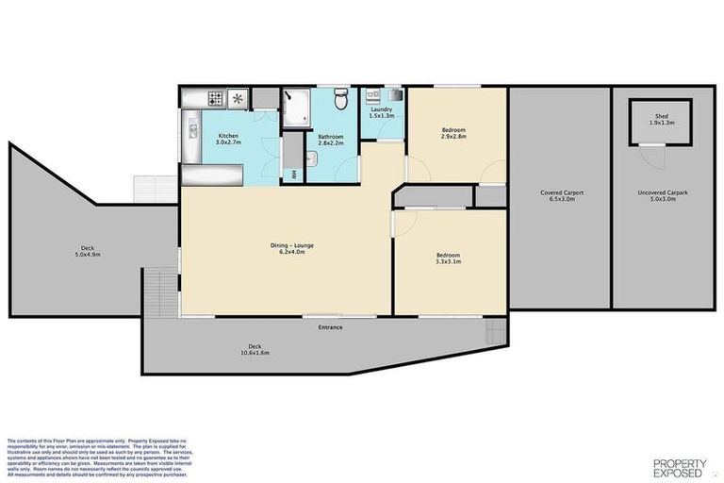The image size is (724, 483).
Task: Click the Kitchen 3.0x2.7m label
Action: tap(228, 140)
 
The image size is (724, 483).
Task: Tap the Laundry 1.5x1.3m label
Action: tap(382, 113)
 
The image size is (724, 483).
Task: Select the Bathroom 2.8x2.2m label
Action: tap(330, 140)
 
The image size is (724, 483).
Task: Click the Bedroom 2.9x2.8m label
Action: tap(453, 132)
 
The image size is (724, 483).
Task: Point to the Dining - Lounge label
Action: tap(289, 248)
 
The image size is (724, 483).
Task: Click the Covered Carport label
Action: tap(561, 195)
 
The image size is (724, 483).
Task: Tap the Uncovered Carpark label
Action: tap(661, 195)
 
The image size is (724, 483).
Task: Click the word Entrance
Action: tap(330, 327)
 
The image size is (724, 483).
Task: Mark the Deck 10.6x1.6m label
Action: tap(254, 349)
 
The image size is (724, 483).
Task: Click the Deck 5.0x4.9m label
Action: tap(88, 252)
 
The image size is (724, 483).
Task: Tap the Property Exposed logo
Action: tap(682, 465)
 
